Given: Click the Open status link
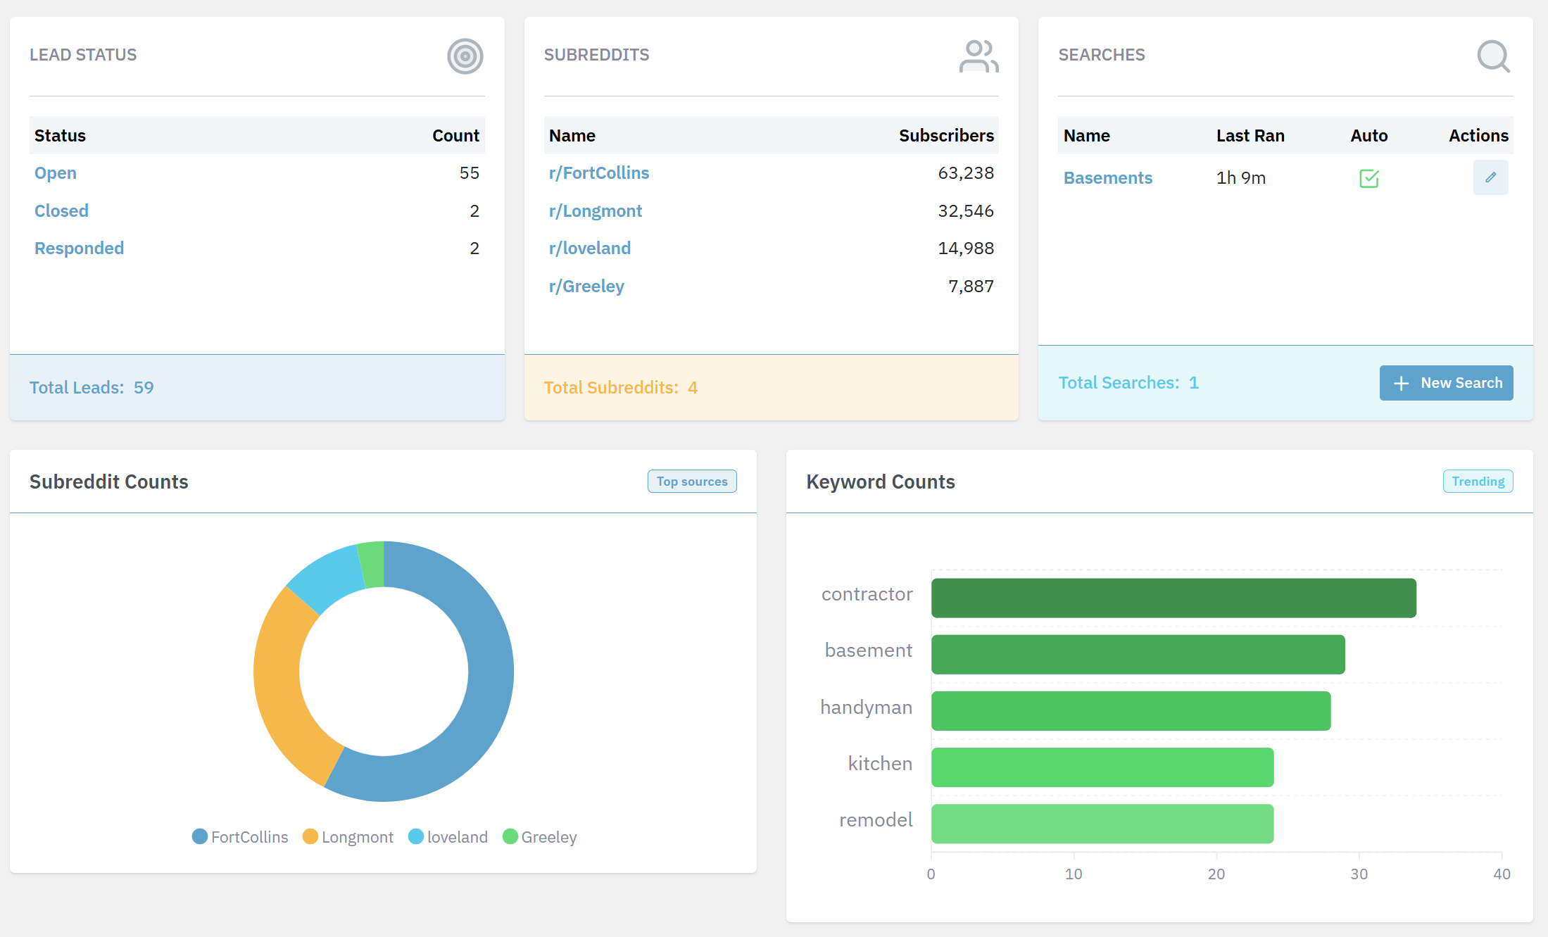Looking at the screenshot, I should [x=56, y=173].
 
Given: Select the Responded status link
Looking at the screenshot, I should [x=79, y=249].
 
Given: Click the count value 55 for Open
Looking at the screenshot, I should [x=469, y=173].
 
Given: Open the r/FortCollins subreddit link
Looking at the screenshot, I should [x=598, y=173].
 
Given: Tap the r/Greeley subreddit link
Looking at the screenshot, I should [x=586, y=287].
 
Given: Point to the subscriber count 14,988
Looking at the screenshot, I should [x=965, y=249].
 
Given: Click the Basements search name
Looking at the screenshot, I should [x=1107, y=178].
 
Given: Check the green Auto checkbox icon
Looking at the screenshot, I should [x=1368, y=178].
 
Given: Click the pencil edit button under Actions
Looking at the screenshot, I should [x=1490, y=177].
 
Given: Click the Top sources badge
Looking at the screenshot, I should [x=691, y=482].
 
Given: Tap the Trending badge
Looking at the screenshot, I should [x=1478, y=482].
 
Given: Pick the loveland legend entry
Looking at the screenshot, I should [x=448, y=837].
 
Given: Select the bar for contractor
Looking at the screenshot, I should [x=1173, y=598].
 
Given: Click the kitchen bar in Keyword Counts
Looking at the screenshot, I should [x=1102, y=767].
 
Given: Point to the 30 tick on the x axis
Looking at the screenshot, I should [x=1359, y=874].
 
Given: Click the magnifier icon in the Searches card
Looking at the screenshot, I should [x=1492, y=56].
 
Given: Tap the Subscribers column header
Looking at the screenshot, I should [x=945, y=136].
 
